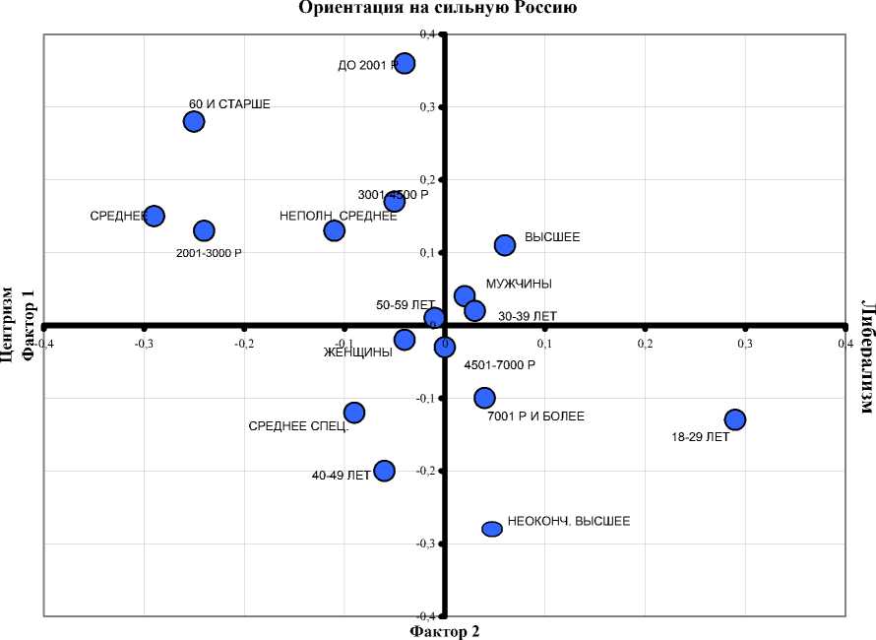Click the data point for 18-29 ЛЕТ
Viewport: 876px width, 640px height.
click(734, 419)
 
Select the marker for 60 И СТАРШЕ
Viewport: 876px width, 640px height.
click(194, 121)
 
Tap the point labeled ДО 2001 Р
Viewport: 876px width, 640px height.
click(404, 63)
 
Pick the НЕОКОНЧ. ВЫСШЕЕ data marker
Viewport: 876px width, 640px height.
click(492, 529)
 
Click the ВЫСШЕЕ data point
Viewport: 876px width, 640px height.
click(505, 244)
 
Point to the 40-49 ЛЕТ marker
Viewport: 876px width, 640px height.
click(384, 471)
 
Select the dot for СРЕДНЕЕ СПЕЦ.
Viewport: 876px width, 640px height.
click(354, 413)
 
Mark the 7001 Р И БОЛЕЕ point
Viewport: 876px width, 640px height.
click(484, 398)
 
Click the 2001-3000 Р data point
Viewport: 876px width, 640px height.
click(204, 230)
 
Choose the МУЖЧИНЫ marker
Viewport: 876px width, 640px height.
click(465, 295)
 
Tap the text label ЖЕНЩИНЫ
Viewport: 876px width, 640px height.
click(358, 353)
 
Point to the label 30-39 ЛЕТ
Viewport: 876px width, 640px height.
click(528, 316)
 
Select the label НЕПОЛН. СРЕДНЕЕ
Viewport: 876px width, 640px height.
click(339, 216)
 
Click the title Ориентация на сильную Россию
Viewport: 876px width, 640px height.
click(437, 8)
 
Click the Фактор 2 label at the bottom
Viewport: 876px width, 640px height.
click(444, 631)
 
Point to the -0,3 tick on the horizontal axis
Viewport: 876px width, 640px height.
click(144, 344)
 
